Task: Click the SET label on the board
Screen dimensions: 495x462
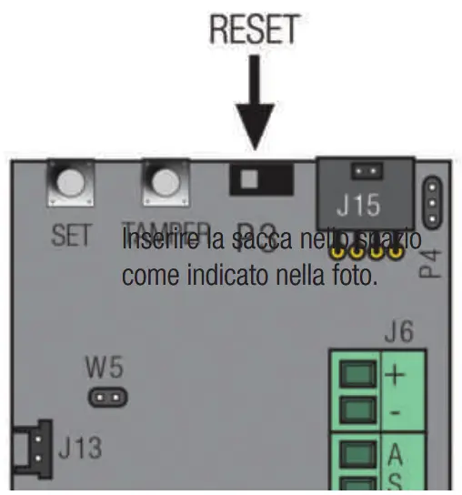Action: pos(70,235)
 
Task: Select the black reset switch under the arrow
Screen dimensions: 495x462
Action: pos(260,178)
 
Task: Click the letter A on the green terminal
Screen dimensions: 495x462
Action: pos(397,452)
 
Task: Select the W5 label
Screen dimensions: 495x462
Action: pos(105,369)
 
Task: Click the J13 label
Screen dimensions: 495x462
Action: pos(80,448)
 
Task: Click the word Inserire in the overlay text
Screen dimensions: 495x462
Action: pos(153,243)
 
